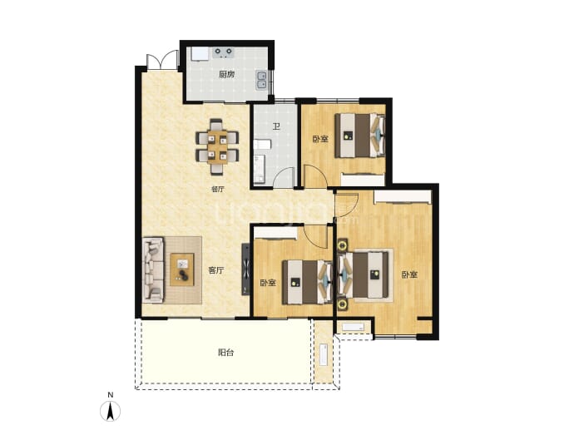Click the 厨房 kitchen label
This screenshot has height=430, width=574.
(x=226, y=75)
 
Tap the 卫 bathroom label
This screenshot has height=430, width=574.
(x=276, y=126)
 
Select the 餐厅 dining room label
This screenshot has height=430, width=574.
(x=217, y=189)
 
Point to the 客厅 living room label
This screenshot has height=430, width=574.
(x=216, y=270)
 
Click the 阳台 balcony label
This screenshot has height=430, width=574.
(x=226, y=353)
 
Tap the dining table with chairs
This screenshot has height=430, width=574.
(x=217, y=146)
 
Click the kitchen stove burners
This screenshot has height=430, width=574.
(x=224, y=52)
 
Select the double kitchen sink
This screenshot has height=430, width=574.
(x=261, y=80)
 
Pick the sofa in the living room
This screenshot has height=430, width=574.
(x=153, y=270)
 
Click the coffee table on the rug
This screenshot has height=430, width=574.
(x=182, y=269)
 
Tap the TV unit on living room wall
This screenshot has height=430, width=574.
(x=245, y=269)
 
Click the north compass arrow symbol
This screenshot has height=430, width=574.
(x=110, y=411)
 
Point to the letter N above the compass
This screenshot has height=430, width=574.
(x=110, y=395)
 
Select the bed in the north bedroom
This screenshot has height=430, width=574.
(x=360, y=136)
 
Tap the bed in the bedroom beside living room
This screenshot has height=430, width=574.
(x=308, y=282)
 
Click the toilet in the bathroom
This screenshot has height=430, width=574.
(x=260, y=169)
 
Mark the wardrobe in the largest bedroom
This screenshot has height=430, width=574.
(x=403, y=196)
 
